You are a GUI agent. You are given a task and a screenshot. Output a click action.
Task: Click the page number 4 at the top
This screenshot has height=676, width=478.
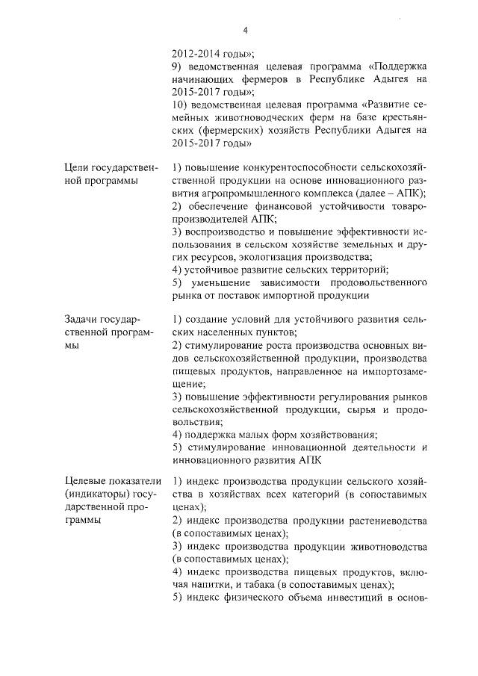pos(244,31)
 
